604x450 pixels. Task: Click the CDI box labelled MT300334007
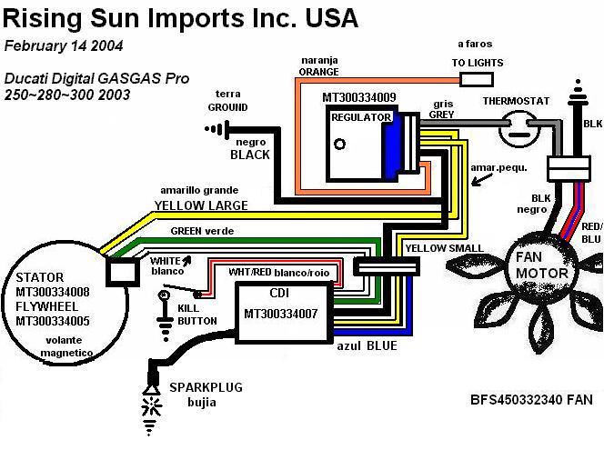click(x=283, y=312)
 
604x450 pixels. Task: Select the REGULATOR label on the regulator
click(x=360, y=118)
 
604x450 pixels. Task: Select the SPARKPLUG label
click(x=206, y=387)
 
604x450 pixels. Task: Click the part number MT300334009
click(x=359, y=95)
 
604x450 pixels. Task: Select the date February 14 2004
click(x=65, y=45)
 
